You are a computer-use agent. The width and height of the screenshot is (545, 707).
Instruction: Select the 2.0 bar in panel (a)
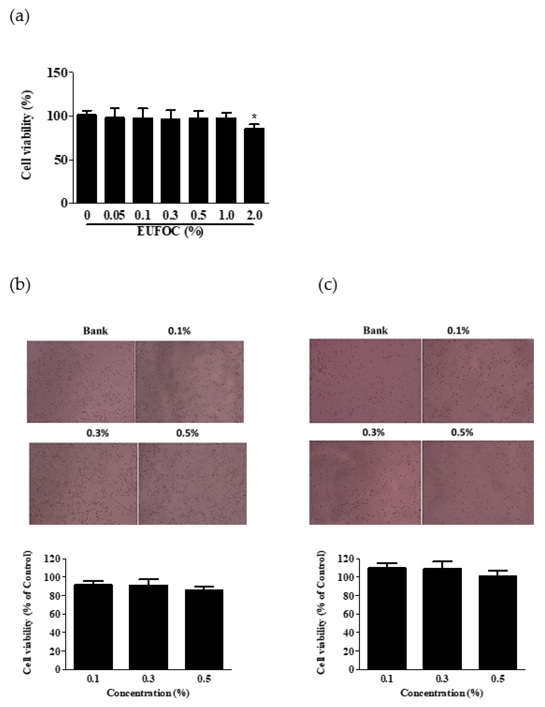254,165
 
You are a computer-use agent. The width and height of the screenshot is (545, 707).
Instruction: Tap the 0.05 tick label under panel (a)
114,215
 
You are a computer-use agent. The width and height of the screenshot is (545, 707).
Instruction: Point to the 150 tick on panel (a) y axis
57,73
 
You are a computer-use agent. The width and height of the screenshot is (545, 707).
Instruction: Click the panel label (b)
20,285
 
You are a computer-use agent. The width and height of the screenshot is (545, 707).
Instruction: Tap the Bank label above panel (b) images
95,331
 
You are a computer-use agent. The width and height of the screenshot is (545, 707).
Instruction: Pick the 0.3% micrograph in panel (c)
365,482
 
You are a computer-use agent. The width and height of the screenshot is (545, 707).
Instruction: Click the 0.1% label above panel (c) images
458,331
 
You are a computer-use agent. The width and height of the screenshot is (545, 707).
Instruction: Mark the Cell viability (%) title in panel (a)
27,134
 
